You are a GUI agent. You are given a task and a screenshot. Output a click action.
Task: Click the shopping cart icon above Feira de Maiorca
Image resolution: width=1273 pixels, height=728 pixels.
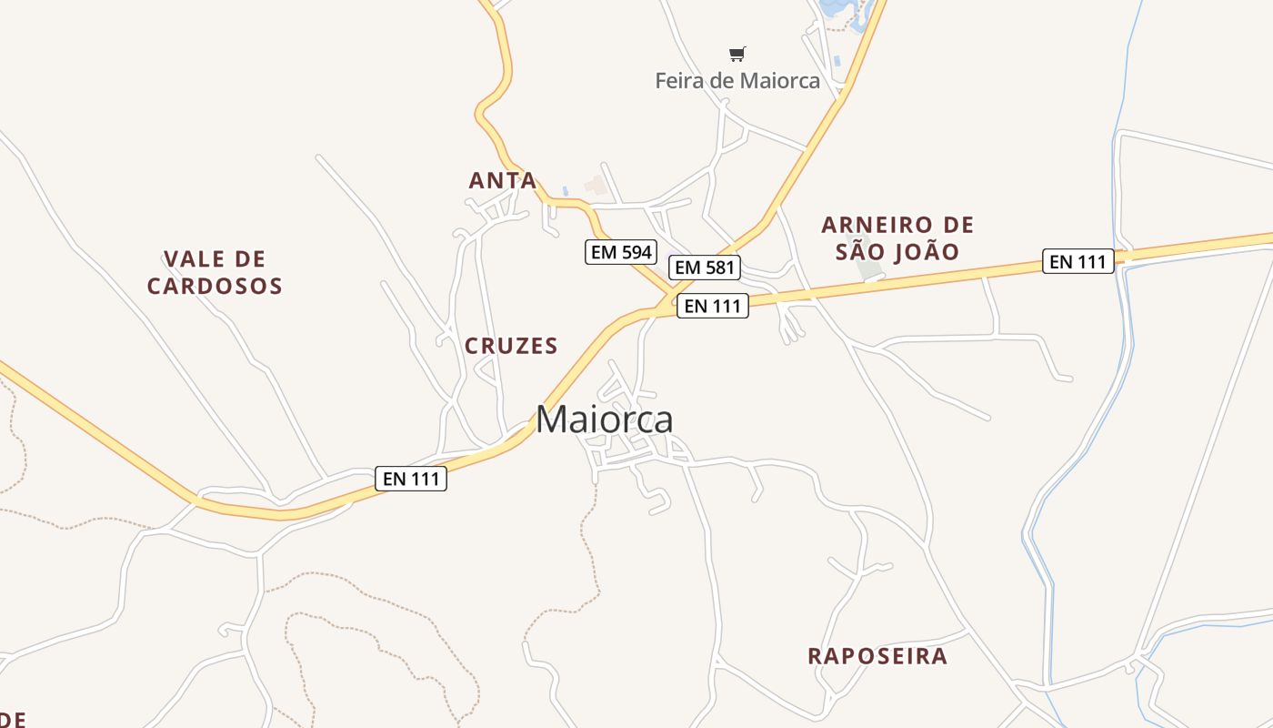point(737,55)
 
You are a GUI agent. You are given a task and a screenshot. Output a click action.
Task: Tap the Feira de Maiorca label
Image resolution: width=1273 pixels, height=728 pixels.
point(737,81)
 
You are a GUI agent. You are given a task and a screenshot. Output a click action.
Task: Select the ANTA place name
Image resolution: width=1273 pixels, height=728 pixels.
point(503,180)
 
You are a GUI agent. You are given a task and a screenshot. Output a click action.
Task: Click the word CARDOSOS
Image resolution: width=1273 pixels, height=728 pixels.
point(215,286)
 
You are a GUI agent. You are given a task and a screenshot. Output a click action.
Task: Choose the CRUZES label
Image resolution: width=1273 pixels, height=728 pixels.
point(511,346)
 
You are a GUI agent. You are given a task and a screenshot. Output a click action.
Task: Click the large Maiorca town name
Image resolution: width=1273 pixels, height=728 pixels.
point(605,420)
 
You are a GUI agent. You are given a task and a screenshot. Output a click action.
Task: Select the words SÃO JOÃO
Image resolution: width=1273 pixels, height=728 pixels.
point(897,251)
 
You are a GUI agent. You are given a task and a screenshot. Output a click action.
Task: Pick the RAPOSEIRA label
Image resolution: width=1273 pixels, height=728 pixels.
point(877,656)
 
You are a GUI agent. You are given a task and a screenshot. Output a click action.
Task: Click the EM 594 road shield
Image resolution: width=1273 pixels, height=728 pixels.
point(621,252)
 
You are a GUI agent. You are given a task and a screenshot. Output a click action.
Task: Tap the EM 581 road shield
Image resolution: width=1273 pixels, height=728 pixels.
point(705,268)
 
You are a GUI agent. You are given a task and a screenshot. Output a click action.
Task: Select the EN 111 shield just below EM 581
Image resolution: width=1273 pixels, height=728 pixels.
point(714,307)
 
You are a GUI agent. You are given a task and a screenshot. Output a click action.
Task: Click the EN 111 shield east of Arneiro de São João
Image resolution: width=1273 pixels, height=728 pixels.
point(1078,262)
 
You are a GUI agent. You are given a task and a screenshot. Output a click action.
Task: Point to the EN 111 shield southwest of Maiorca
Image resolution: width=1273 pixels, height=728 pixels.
point(411,479)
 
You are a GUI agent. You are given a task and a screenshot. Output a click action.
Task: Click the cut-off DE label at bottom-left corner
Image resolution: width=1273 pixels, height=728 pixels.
point(12,719)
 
